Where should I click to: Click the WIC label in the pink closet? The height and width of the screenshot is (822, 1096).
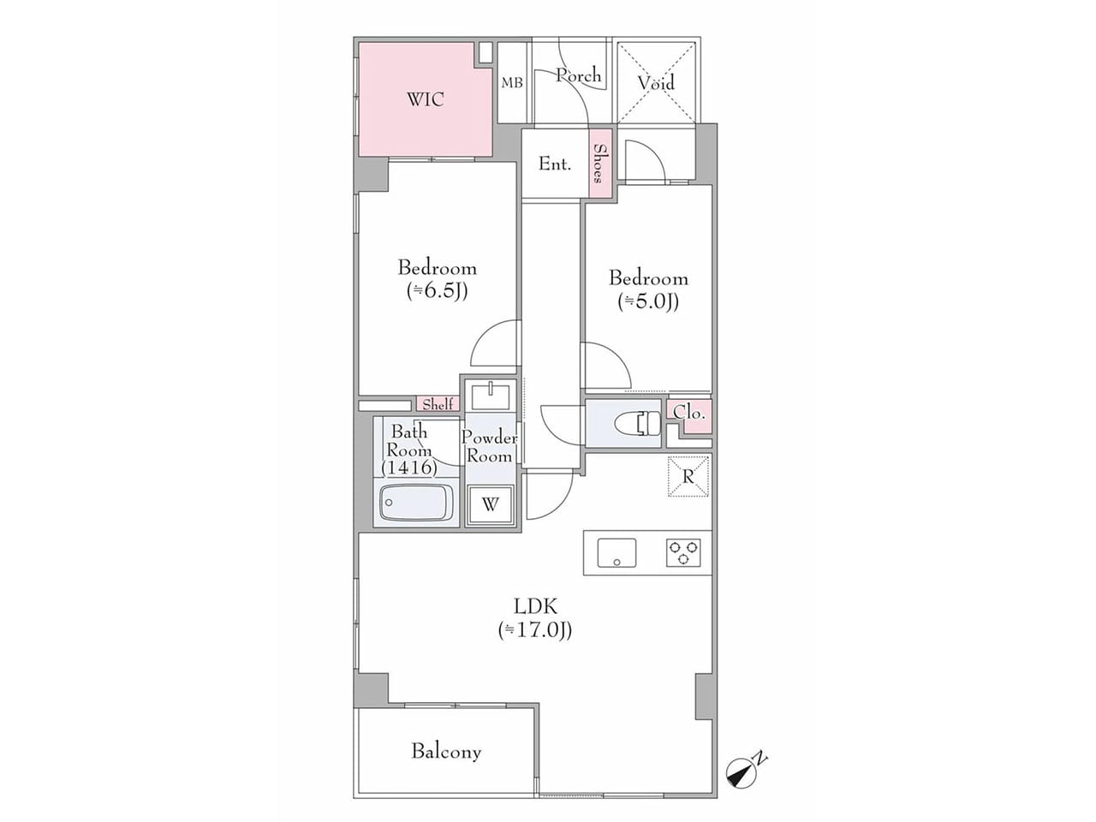(426, 100)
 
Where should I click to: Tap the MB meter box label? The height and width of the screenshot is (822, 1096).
(512, 83)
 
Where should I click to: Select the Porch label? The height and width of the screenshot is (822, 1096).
(579, 75)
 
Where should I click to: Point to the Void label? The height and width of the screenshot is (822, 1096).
(656, 82)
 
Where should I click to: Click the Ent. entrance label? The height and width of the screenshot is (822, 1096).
(555, 164)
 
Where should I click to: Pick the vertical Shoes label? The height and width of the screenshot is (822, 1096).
(599, 164)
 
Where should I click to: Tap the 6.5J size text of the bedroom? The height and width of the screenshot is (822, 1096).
(438, 291)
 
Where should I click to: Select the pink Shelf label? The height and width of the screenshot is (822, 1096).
(438, 404)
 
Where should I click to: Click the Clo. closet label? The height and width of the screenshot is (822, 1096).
(689, 412)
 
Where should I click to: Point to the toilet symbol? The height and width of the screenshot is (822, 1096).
(637, 424)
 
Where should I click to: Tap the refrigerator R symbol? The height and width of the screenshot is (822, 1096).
(688, 477)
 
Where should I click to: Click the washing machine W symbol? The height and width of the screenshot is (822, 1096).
(491, 504)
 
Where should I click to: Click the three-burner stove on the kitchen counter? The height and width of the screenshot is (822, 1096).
(683, 553)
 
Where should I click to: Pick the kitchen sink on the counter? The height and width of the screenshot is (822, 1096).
(616, 553)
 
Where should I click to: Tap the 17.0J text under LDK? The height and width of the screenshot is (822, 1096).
(535, 630)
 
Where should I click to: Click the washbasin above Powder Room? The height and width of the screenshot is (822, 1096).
(491, 396)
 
